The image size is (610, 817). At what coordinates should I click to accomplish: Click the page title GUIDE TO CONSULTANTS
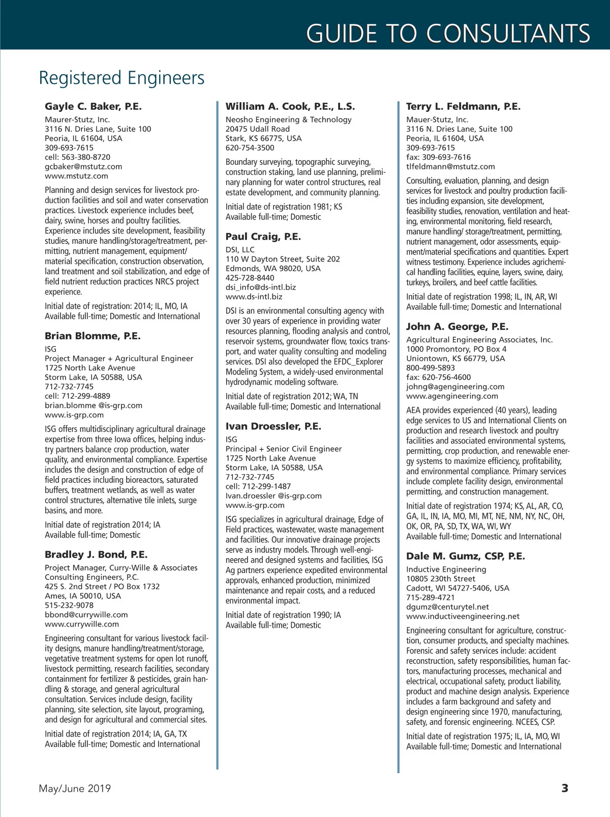click(448, 34)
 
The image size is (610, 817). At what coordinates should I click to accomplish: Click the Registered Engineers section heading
click(121, 78)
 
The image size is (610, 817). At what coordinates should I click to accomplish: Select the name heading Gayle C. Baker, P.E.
click(93, 106)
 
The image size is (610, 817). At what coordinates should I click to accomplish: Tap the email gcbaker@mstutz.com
click(83, 166)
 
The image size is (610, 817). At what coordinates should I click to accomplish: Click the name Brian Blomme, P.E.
click(93, 336)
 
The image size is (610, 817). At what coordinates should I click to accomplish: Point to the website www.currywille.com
click(82, 624)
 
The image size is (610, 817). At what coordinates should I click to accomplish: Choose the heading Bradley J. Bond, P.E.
click(96, 555)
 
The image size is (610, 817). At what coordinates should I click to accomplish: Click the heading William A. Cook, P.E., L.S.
click(290, 106)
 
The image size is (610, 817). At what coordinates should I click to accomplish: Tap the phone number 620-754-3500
click(250, 148)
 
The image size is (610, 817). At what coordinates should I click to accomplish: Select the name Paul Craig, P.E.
click(263, 237)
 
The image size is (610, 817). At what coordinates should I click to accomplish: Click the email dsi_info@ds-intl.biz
click(261, 287)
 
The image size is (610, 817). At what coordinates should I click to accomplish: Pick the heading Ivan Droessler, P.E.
click(273, 426)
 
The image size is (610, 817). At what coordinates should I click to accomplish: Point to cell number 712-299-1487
click(258, 486)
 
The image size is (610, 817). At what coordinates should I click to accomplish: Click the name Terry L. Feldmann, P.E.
click(463, 106)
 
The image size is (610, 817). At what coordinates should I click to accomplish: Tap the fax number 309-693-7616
click(438, 157)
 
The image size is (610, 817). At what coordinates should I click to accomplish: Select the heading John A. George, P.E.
click(457, 327)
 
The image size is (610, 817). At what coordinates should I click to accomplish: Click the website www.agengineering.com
click(452, 396)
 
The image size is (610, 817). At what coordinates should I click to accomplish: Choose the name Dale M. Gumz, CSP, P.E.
click(466, 556)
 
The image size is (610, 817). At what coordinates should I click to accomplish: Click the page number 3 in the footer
click(565, 789)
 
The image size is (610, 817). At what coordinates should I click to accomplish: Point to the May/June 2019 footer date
click(75, 789)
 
